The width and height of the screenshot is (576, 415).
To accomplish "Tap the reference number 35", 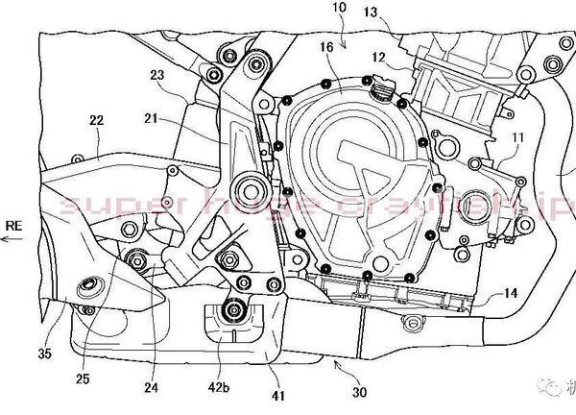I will (43, 354).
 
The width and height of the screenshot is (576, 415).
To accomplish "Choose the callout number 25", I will (84, 378).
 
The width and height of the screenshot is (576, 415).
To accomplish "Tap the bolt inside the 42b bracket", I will (231, 308).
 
